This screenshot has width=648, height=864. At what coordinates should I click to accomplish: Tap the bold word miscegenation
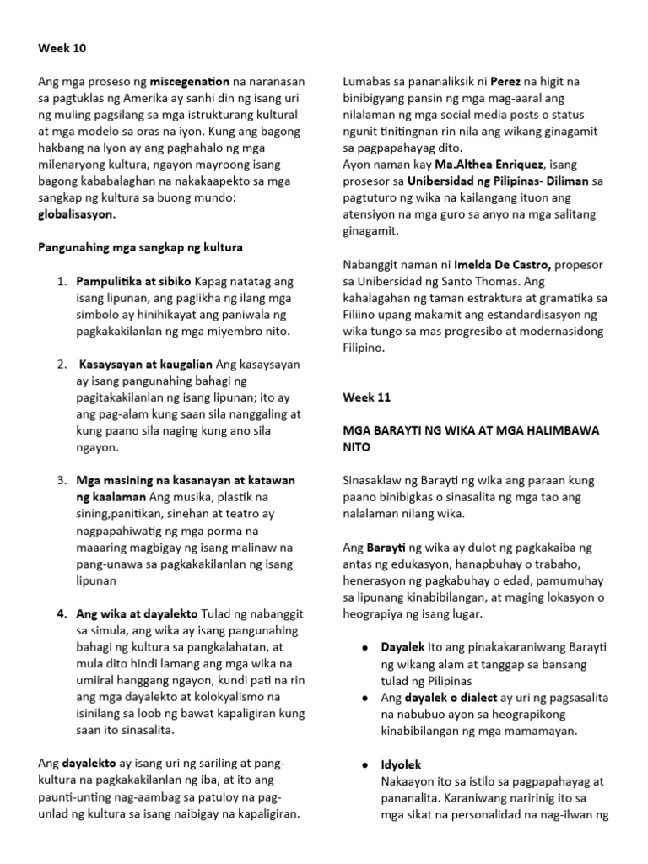190,82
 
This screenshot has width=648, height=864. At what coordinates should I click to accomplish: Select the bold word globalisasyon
77,214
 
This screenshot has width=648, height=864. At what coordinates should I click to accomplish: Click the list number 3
62,479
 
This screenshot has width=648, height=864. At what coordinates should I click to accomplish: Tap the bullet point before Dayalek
363,647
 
